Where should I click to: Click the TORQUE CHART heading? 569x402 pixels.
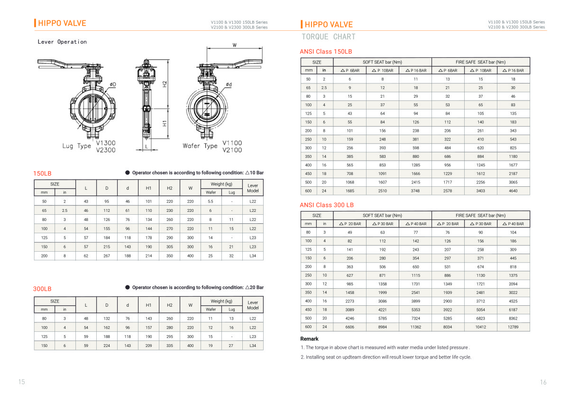[329, 37]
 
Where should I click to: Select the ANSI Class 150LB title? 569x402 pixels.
[326, 51]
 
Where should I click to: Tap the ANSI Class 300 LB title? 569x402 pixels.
[327, 205]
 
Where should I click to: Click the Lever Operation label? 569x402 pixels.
[62, 42]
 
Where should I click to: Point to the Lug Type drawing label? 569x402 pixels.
[76, 146]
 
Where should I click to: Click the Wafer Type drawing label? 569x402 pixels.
[200, 146]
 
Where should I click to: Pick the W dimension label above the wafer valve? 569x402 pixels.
[235, 45]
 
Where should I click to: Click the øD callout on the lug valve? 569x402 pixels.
[113, 84]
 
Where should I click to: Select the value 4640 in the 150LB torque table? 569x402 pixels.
[513, 191]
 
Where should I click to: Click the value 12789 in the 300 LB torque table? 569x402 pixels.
[513, 327]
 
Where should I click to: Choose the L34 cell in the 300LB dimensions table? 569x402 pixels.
[253, 346]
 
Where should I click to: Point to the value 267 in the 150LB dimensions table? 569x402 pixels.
[107, 256]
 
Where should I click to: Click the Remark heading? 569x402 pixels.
[309, 339]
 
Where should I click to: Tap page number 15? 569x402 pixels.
[21, 382]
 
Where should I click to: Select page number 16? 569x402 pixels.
[543, 382]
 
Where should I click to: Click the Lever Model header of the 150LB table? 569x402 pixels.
[253, 188]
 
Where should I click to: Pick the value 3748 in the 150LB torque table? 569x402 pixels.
[415, 191]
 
